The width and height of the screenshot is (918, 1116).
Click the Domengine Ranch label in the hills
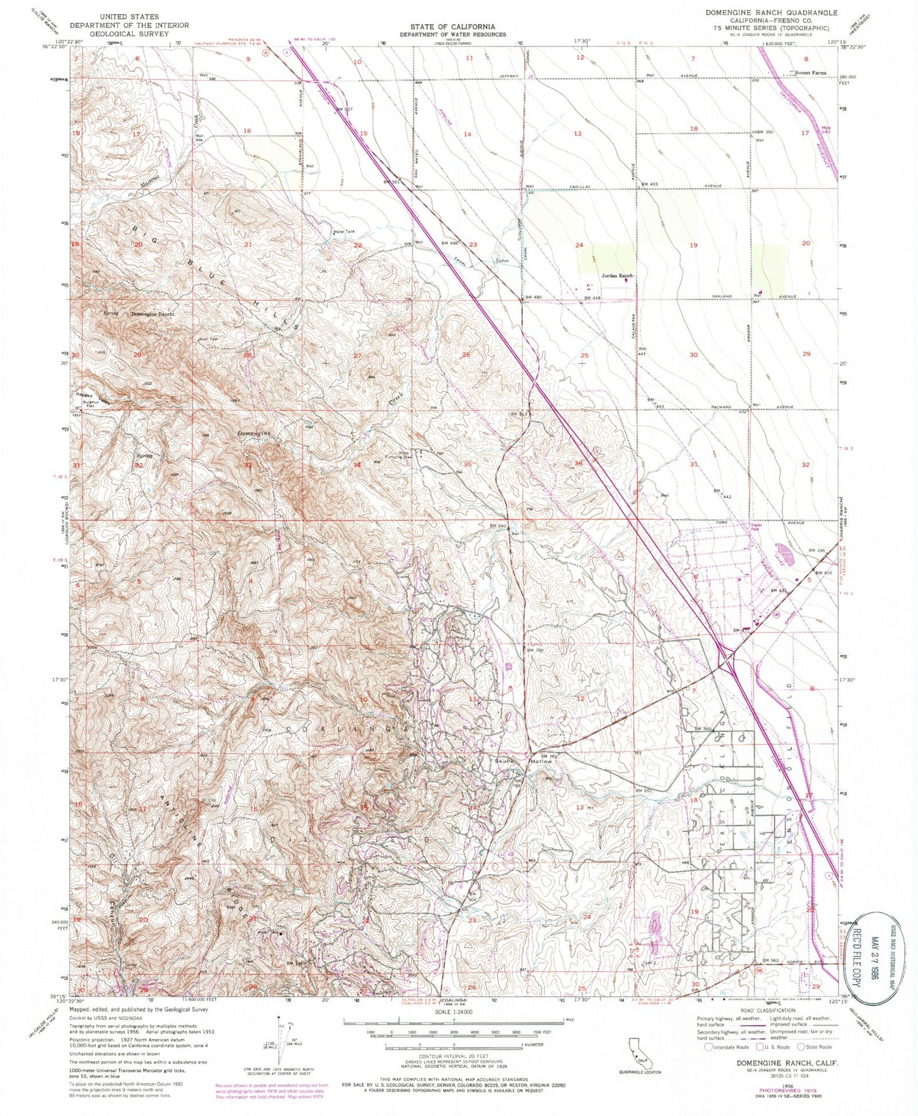(x=152, y=315)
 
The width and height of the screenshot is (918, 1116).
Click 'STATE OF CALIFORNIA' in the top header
(x=454, y=27)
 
